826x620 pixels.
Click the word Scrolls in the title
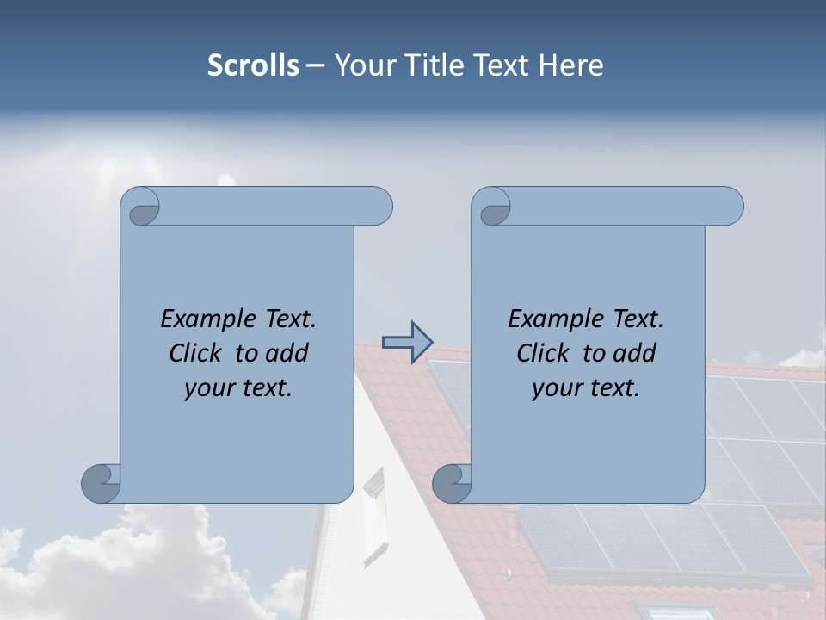[x=254, y=65]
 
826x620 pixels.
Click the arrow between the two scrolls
[x=407, y=343]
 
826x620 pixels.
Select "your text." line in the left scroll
[x=238, y=388]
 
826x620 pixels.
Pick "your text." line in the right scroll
[x=586, y=388]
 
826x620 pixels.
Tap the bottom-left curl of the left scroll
[x=102, y=482]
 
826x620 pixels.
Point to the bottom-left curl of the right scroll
[x=453, y=482]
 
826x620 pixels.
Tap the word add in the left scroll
[x=287, y=353]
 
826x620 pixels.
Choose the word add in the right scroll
[x=635, y=353]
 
